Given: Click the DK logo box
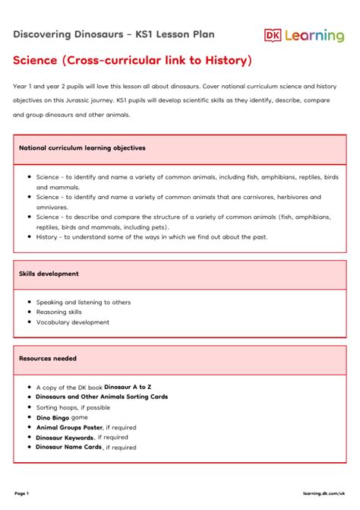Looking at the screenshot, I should tap(273, 35).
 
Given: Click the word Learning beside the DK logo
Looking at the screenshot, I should tap(314, 36).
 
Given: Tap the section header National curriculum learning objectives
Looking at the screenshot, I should tap(82, 147).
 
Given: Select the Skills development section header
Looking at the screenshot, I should tap(49, 274).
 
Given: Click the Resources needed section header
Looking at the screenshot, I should tap(48, 358).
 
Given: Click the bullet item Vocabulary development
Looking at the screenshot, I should tap(73, 322).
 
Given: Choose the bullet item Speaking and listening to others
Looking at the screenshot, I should tap(84, 302).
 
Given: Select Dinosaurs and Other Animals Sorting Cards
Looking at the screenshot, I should tap(102, 397).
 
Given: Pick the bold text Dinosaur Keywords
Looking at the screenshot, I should tap(65, 437).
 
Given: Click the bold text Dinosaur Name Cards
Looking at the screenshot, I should tap(69, 447).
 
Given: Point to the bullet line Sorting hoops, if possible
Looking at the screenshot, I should tap(78, 407).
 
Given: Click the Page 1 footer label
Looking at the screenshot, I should tap(21, 493).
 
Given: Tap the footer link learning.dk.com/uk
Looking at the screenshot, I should tap(322, 493).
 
